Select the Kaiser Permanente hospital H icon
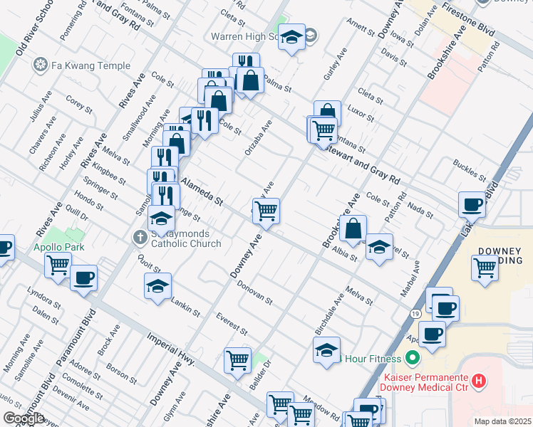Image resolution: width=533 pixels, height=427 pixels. [480, 381]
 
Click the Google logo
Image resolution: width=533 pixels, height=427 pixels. [24, 418]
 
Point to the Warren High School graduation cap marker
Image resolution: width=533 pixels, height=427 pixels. [291, 37]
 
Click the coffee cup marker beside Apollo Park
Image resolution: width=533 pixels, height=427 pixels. [84, 278]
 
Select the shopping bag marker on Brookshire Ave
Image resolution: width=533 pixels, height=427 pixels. [353, 229]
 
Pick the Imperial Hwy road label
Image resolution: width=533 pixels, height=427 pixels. [171, 349]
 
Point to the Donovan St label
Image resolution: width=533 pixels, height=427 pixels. [254, 292]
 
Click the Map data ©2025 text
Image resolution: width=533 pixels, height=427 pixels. [502, 421]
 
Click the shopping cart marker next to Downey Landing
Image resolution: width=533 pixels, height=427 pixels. [485, 268]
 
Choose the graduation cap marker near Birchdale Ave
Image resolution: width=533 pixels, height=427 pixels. [326, 350]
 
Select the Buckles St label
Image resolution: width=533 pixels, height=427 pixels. [468, 170]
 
